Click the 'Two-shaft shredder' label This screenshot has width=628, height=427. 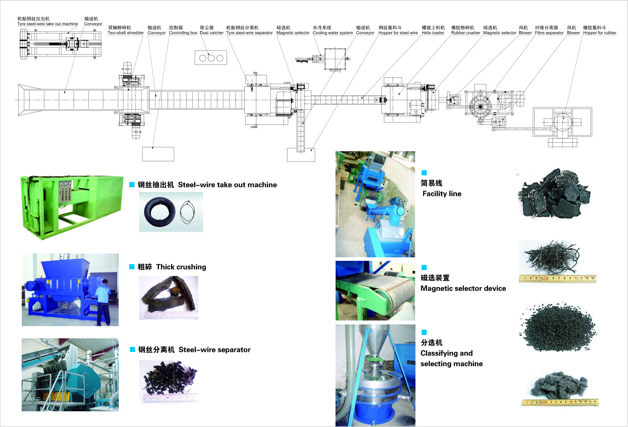126,33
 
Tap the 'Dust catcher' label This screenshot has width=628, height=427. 212,33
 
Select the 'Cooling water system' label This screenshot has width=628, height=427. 333,33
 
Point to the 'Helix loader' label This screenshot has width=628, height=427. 433,33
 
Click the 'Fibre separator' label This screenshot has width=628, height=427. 549,33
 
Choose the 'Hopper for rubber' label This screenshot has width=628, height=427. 600,33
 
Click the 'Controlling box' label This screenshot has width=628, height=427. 183,33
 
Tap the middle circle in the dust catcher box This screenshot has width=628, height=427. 211,58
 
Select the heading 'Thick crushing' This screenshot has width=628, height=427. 181,267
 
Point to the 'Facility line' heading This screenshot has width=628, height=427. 442,194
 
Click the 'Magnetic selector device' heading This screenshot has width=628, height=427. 463,288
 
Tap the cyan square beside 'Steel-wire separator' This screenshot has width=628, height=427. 132,350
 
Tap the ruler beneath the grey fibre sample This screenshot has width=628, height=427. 560,402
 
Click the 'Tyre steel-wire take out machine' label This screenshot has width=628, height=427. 47,24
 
